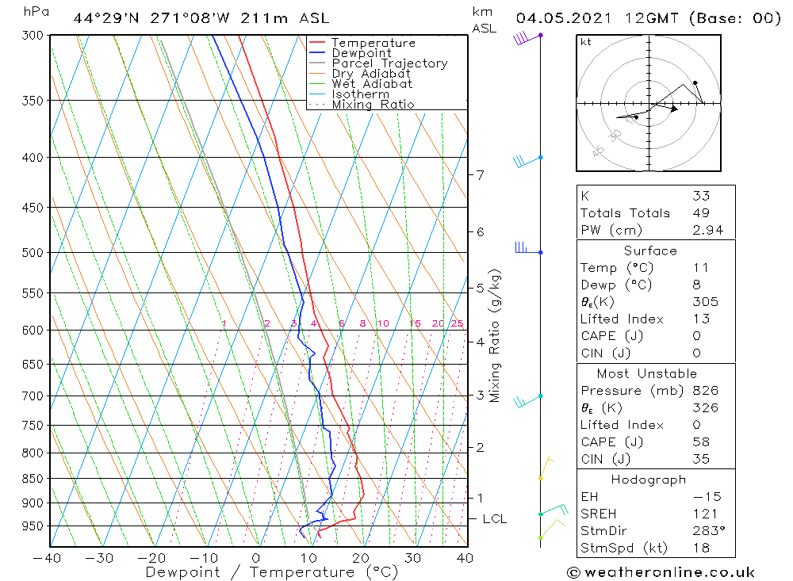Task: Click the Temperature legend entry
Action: [x=373, y=43]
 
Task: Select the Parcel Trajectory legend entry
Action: [x=389, y=63]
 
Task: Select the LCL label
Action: [x=495, y=519]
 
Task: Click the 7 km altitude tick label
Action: [x=481, y=174]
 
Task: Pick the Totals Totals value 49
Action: [x=700, y=213]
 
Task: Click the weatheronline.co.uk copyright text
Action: [x=661, y=572]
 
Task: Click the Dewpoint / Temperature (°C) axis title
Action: [x=260, y=572]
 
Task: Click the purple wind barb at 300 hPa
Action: [x=523, y=37]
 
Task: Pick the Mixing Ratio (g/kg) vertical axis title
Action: [x=496, y=336]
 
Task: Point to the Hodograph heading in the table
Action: [x=649, y=480]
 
